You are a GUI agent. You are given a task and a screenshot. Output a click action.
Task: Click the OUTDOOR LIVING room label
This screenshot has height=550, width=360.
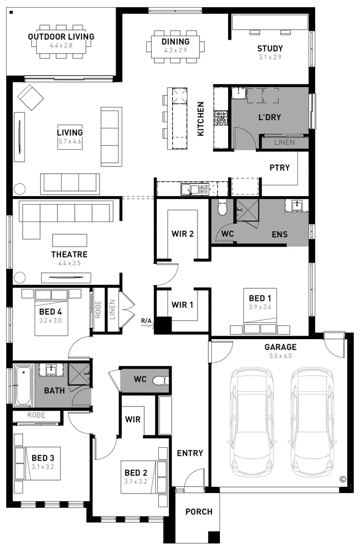(x=61, y=37)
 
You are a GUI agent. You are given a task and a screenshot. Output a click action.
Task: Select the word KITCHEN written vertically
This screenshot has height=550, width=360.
(x=201, y=119)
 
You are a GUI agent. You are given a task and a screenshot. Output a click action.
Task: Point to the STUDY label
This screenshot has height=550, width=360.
(x=270, y=49)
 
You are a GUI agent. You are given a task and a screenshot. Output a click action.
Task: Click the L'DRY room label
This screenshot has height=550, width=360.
(x=269, y=117)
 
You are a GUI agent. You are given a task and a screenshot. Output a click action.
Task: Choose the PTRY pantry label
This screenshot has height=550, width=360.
(x=280, y=168)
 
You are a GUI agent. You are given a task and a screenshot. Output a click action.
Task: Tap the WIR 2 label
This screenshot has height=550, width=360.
(x=182, y=234)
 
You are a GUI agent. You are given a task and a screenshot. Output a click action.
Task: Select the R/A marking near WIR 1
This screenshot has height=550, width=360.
(x=147, y=321)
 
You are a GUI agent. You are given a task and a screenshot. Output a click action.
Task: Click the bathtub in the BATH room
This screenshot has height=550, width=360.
(x=23, y=385)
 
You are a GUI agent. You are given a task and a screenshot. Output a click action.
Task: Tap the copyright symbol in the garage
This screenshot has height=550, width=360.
(x=342, y=479)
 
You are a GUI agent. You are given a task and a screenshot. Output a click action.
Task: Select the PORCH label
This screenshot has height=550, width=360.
(x=199, y=512)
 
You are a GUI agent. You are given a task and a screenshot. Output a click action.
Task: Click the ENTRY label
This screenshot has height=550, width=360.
(x=190, y=453)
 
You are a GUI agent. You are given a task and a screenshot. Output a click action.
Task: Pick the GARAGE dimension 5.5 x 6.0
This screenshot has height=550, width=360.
(x=280, y=355)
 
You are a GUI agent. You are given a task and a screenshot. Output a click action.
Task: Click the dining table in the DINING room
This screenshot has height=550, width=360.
(x=176, y=46)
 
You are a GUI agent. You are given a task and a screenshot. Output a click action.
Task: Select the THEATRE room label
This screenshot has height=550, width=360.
(x=69, y=255)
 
